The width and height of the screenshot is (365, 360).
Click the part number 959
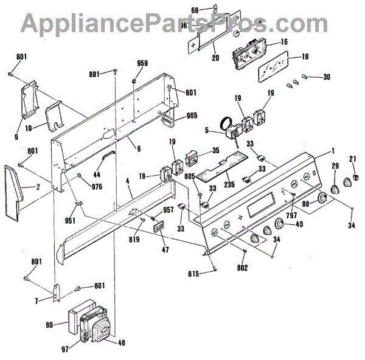142,63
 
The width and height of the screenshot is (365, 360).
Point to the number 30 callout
326,77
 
